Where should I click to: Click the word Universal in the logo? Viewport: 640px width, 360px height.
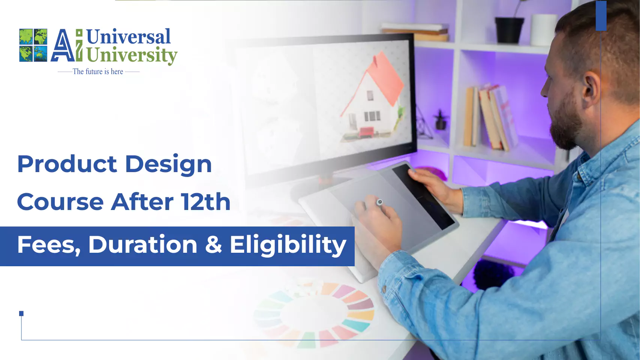click(128, 36)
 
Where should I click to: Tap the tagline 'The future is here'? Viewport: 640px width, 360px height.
click(98, 71)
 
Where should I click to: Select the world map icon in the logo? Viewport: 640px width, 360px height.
click(33, 45)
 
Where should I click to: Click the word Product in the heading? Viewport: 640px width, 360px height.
click(67, 164)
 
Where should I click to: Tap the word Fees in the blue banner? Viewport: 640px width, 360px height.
click(49, 245)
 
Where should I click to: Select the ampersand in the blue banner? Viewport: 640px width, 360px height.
click(213, 244)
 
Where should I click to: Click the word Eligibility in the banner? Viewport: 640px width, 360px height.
click(288, 245)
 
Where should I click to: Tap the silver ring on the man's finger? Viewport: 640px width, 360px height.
click(379, 202)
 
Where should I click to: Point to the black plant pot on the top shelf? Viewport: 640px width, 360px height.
click(510, 30)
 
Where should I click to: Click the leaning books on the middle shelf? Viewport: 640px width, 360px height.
click(490, 117)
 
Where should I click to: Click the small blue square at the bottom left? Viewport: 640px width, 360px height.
click(21, 313)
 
